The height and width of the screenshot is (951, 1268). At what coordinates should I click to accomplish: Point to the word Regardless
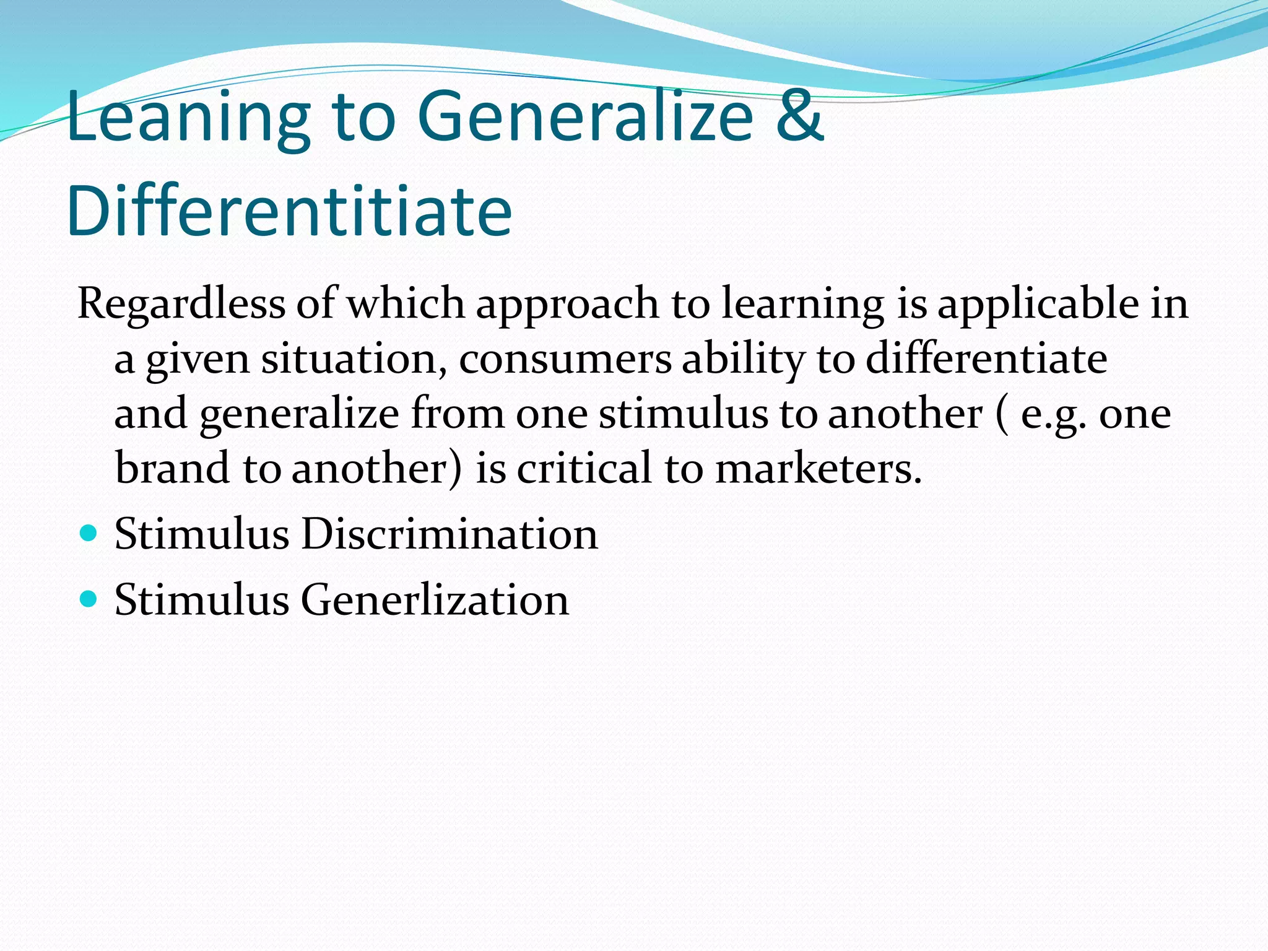point(181,305)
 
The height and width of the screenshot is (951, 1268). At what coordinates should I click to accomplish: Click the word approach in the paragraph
point(567,305)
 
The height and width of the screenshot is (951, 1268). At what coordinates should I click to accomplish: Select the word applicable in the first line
point(1038,305)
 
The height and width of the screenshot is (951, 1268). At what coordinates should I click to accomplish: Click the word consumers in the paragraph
point(565,359)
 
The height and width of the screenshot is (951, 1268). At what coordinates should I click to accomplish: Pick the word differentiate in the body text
point(986,359)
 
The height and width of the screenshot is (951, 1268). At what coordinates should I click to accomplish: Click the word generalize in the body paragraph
point(299,414)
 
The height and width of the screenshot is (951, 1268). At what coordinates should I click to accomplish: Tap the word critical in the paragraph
point(584,468)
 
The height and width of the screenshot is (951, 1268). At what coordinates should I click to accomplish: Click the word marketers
point(818,468)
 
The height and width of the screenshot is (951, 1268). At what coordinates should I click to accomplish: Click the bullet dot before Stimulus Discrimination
point(89,532)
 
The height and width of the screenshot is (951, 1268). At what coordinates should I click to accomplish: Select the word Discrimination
point(449,534)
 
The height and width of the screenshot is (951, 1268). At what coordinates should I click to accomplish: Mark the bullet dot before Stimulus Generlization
point(89,599)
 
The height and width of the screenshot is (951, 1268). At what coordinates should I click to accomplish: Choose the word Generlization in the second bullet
point(435,600)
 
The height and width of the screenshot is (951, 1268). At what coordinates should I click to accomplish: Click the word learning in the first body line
point(803,305)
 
